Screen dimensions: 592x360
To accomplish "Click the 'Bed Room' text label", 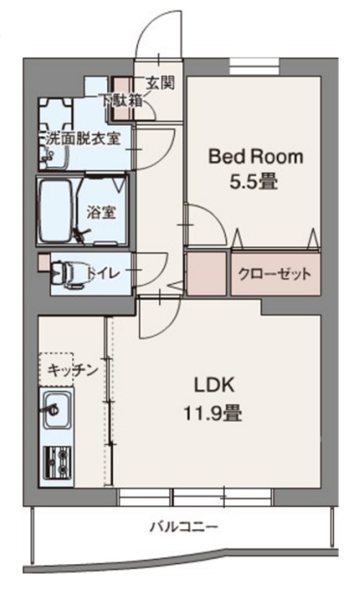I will tap(254, 156).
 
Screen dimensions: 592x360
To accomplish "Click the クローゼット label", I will tap(274, 274).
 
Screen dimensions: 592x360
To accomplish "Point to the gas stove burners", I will tap(57, 458).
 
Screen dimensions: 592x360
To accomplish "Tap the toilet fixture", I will tap(65, 273).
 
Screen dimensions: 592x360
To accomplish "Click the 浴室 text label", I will tap(102, 210).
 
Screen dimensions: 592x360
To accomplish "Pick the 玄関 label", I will tap(160, 82).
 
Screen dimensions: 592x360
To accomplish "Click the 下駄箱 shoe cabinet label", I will tap(120, 99).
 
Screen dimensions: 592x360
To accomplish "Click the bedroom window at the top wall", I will tap(255, 67).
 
